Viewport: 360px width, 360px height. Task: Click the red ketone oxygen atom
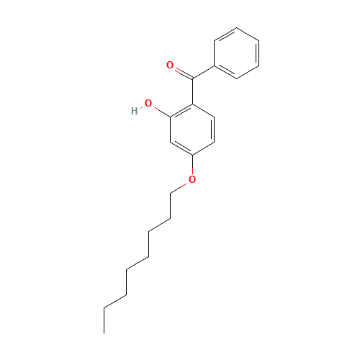pyautogui.click(x=170, y=66)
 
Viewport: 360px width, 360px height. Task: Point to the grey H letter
pyautogui.click(x=134, y=112)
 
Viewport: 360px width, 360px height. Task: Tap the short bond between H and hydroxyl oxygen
pyautogui.click(x=141, y=108)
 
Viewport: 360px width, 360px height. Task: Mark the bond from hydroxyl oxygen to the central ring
pyautogui.click(x=160, y=109)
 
